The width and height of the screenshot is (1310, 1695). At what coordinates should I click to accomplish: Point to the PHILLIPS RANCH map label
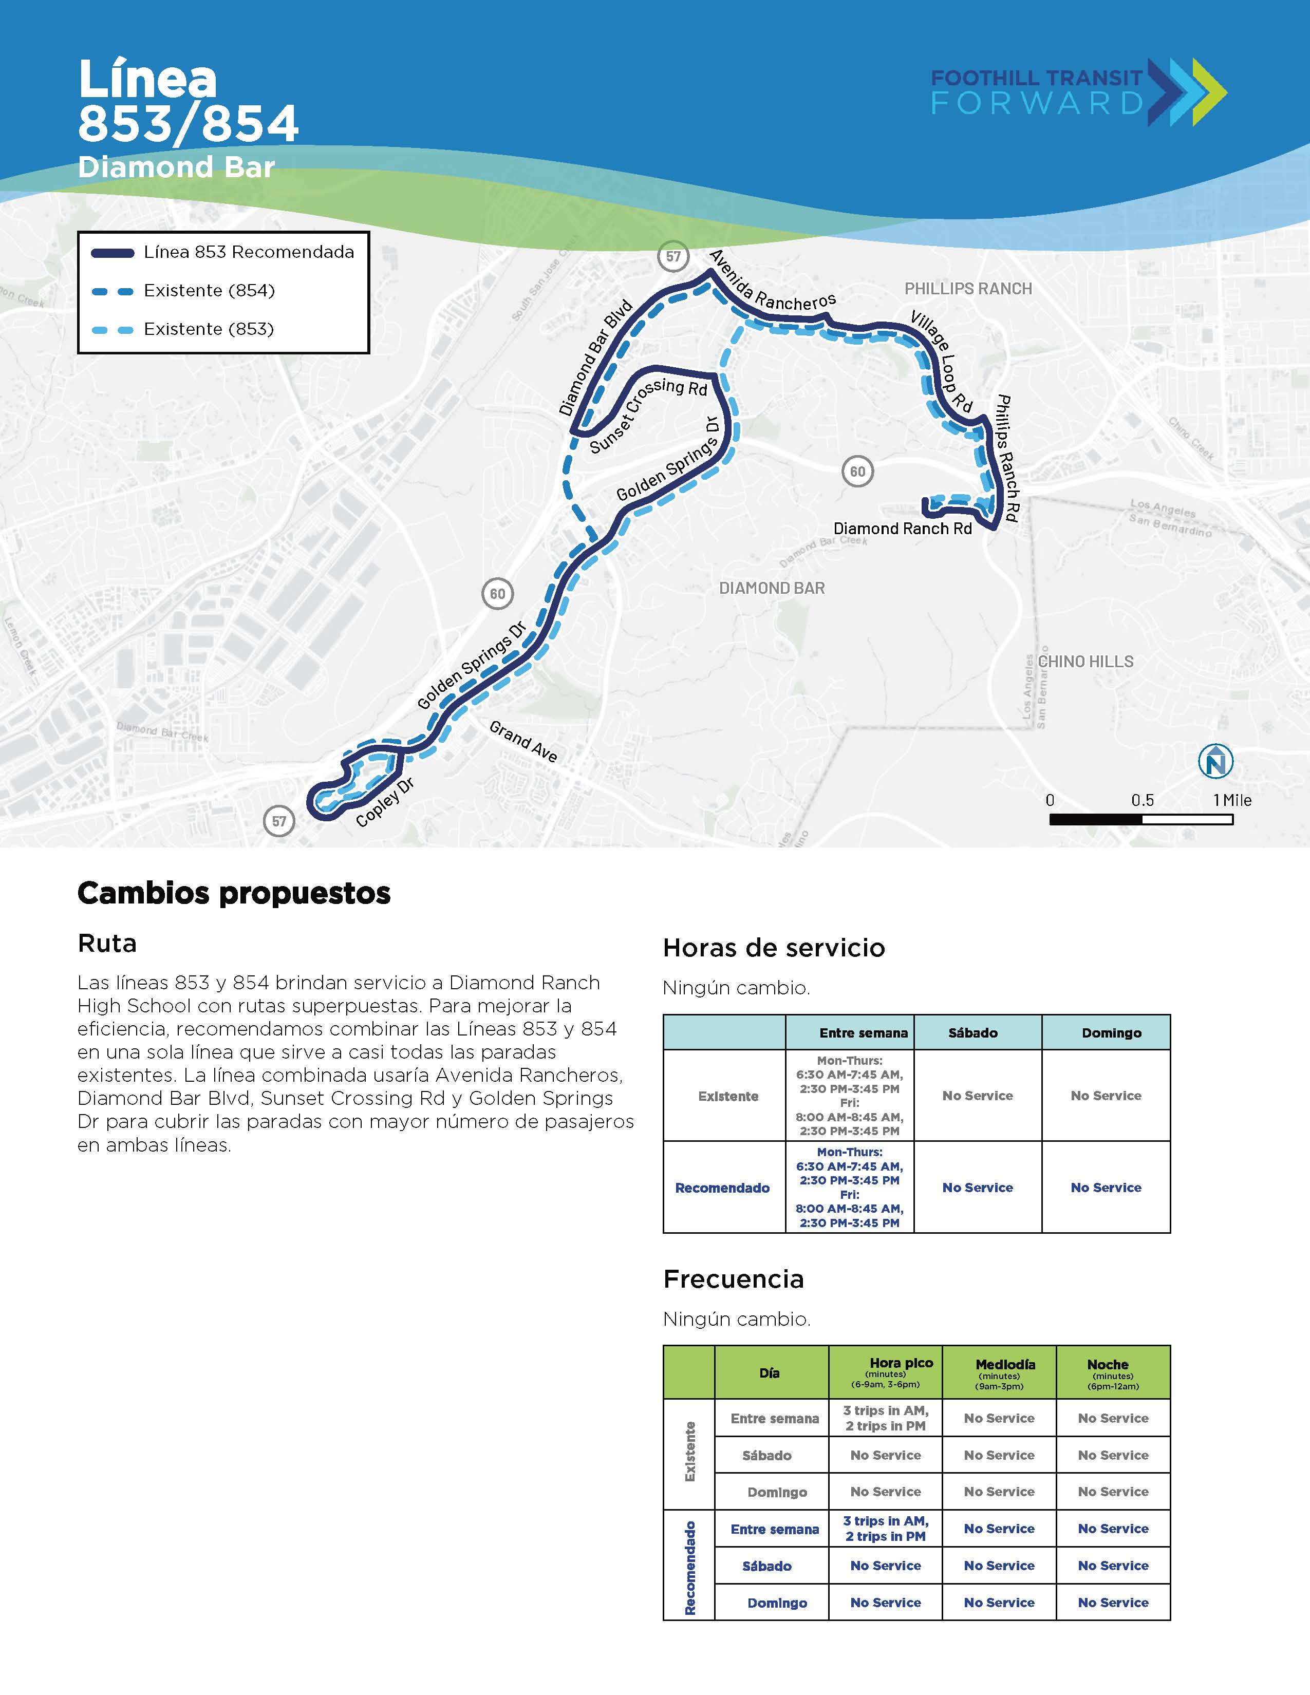[968, 289]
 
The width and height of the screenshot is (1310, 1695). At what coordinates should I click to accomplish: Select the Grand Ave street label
[523, 741]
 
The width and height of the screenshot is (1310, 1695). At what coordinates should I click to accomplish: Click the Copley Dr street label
[385, 802]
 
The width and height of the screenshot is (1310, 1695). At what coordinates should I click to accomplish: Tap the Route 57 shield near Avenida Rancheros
[673, 256]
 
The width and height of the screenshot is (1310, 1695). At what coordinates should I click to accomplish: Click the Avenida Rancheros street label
[772, 281]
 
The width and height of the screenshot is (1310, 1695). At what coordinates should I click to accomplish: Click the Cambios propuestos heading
[234, 893]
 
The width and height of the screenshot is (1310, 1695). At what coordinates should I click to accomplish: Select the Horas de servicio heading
[773, 948]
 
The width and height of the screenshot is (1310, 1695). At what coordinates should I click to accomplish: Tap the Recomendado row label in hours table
[722, 1188]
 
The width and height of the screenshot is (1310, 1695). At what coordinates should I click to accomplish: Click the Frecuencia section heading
[734, 1279]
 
